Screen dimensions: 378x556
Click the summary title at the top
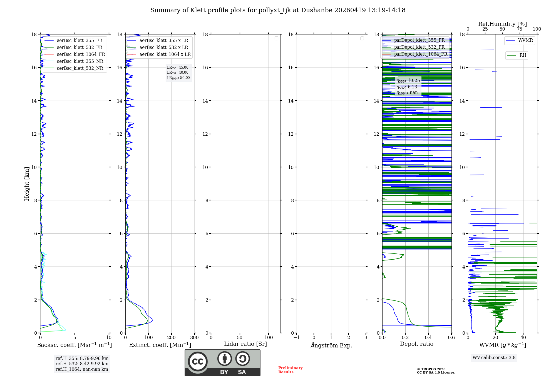[x=278, y=10]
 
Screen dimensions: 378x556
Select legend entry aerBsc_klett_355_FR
[x=80, y=41]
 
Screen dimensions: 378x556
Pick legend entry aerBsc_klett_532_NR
[x=80, y=68]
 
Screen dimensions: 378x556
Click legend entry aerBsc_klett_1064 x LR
[x=165, y=54]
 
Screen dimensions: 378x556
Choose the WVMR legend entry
[x=525, y=40]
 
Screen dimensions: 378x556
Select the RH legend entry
[x=522, y=55]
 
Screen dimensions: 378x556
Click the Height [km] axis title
[x=27, y=184]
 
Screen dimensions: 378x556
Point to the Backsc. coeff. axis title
[x=74, y=345]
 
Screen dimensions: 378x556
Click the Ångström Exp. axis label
[x=331, y=345]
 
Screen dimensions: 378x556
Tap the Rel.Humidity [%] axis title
[x=502, y=24]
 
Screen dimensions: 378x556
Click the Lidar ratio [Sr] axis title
[x=245, y=344]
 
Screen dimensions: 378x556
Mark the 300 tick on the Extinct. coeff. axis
[x=194, y=338]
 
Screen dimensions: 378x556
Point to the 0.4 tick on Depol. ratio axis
[x=428, y=338]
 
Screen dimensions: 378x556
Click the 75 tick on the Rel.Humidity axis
[x=519, y=29]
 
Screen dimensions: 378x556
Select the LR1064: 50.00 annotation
[x=178, y=78]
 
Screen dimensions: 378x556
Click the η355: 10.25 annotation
[x=408, y=81]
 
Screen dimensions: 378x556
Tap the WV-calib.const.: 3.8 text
[x=494, y=358]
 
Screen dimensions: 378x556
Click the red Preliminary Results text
[x=290, y=370]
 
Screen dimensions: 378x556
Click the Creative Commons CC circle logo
[x=198, y=362]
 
